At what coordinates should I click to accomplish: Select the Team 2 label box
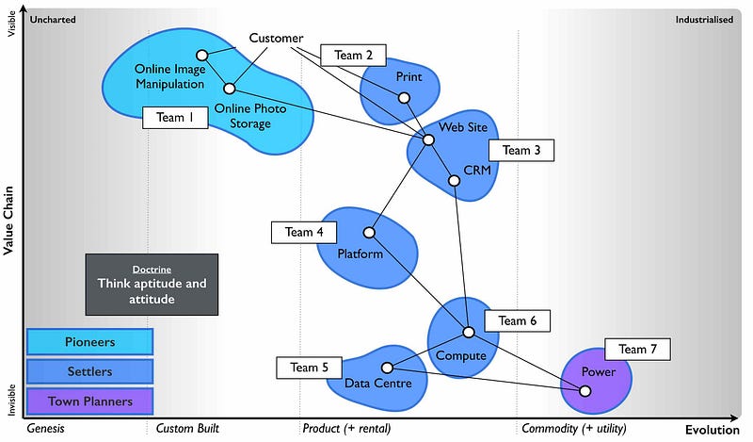pos(353,56)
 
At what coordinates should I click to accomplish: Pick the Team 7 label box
pos(637,350)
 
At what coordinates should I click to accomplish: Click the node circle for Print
pos(404,97)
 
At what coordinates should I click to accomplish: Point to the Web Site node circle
pos(428,139)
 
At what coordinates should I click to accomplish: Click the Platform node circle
pos(370,233)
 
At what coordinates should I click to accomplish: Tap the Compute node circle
pos(468,333)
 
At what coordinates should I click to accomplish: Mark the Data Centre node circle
pos(386,368)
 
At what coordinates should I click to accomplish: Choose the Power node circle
pos(585,390)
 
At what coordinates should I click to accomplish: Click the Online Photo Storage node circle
pos(229,89)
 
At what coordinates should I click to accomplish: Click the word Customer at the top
pos(276,39)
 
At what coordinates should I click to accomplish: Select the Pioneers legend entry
pos(90,340)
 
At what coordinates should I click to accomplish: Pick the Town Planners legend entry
pos(90,401)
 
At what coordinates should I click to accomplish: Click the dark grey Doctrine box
pos(151,284)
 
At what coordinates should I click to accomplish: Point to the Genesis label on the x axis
pos(46,429)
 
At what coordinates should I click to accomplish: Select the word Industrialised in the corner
pos(704,19)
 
